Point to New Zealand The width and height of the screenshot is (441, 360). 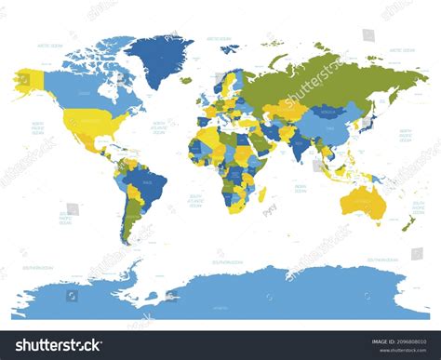408,222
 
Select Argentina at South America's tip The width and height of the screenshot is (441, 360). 129,223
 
